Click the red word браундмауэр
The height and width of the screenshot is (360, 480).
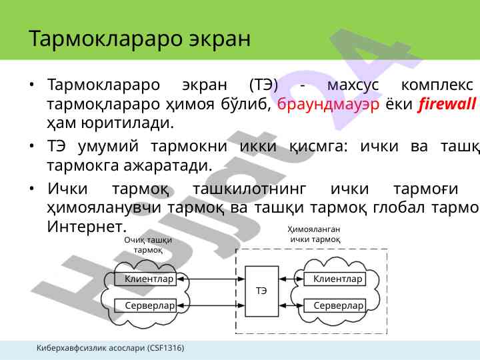[x=328, y=105]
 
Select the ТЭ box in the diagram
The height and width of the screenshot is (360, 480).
[x=262, y=291]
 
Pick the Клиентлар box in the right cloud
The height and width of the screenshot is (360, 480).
[x=338, y=279]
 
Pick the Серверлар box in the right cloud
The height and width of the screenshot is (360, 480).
[x=339, y=305]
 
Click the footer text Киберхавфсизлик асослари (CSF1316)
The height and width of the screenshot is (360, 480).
[x=111, y=348]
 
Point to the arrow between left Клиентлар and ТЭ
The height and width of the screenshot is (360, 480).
[x=210, y=279]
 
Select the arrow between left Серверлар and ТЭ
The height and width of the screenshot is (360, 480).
[x=210, y=305]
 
